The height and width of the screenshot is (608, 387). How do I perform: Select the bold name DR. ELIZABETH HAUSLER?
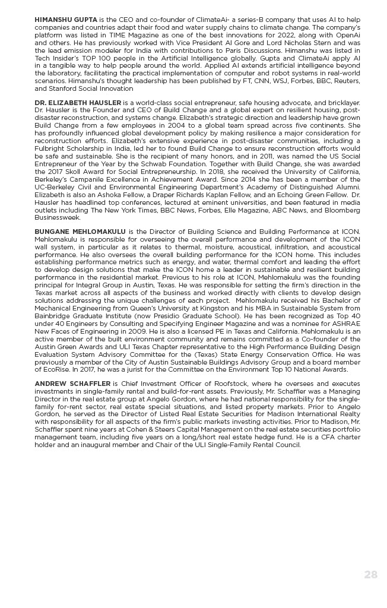coord(77,103)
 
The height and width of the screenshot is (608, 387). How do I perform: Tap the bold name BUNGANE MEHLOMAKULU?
coord(80,231)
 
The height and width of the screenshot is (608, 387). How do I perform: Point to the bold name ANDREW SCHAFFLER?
coord(72,384)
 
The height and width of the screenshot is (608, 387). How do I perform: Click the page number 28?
coord(370,574)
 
